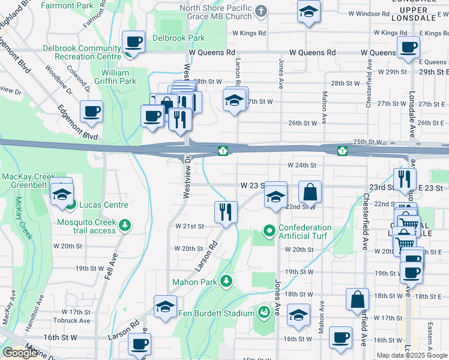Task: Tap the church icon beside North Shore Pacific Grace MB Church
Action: click(261, 11)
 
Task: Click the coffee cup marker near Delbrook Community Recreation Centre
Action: click(133, 43)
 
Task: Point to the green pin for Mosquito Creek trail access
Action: click(125, 225)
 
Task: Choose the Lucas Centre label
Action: click(103, 205)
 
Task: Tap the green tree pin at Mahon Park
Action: click(226, 280)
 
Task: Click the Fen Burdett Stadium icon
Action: click(263, 312)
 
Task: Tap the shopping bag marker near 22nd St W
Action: click(310, 193)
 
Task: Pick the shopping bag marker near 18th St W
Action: click(357, 299)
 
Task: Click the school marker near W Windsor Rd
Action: click(309, 11)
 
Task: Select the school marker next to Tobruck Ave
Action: click(165, 307)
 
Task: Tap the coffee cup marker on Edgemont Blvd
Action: click(91, 111)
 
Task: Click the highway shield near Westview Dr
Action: click(223, 150)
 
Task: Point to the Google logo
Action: click(20, 353)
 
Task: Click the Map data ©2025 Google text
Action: click(411, 355)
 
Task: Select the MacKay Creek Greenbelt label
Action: click(29, 181)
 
